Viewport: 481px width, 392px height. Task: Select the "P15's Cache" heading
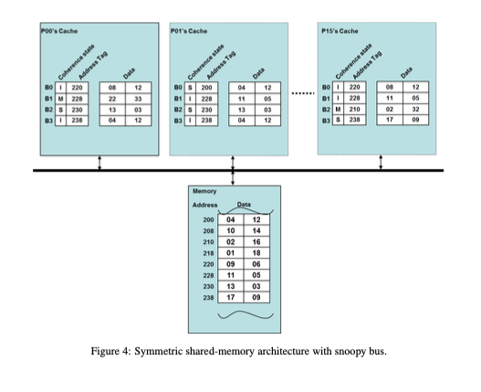[x=341, y=31]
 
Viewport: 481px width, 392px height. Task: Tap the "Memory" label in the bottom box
[x=204, y=191]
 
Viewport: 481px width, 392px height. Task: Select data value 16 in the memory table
[x=256, y=240]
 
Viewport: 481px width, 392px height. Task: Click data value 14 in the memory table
[x=256, y=230]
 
